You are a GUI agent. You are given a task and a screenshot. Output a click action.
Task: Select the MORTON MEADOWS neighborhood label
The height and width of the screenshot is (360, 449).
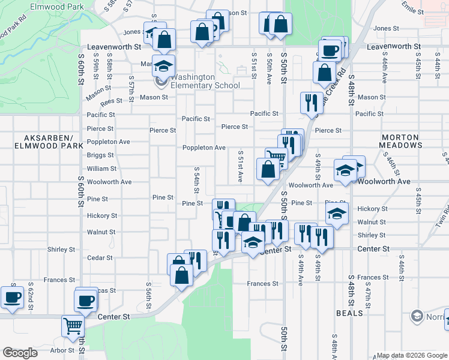click(401, 141)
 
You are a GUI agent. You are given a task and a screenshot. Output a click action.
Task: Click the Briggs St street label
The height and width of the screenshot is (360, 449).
click(100, 155)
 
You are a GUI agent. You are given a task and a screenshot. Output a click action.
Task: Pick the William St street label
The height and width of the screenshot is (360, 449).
click(101, 169)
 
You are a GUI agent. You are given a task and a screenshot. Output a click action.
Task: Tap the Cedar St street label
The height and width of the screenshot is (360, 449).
click(100, 258)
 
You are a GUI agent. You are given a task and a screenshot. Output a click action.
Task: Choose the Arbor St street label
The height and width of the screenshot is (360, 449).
click(62, 350)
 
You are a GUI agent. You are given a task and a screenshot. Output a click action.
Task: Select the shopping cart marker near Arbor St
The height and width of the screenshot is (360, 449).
click(73, 327)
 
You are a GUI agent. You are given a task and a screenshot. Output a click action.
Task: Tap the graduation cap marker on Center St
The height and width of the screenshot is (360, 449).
click(253, 242)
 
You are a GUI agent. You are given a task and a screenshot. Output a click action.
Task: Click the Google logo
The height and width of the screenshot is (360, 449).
click(20, 353)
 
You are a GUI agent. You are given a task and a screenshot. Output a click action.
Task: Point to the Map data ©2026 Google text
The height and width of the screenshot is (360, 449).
click(411, 355)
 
